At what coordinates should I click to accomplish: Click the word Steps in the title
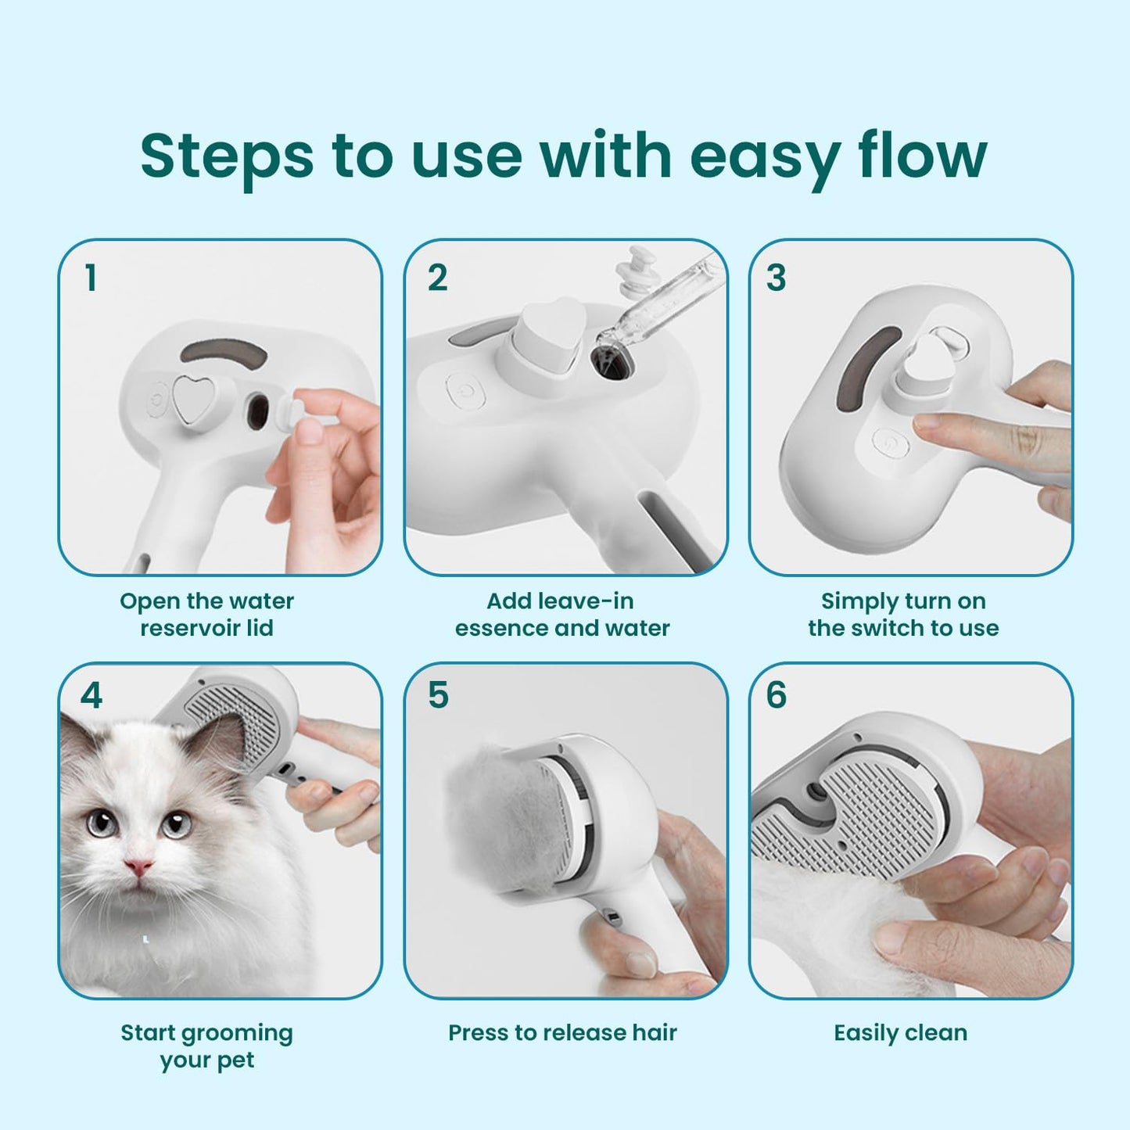point(227,156)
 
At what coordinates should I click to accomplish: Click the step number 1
point(91,278)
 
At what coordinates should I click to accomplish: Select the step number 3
point(776,278)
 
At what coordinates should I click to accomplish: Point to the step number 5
point(438,695)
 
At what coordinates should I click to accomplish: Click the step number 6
point(776,695)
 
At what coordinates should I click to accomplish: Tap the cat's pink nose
point(138,866)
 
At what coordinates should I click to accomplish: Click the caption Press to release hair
point(562,1033)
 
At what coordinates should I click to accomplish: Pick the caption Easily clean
point(900,1033)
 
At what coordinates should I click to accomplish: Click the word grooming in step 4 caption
point(239,1034)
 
